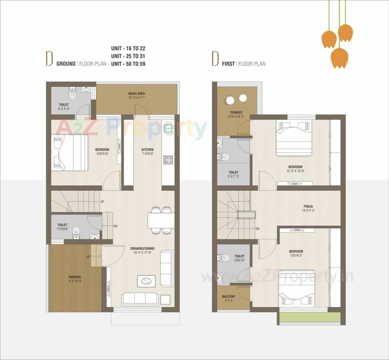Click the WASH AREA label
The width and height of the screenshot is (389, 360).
point(136,94)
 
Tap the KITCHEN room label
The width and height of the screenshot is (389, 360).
point(147,150)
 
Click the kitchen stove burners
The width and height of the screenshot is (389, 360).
point(168,160)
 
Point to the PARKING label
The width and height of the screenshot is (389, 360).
point(75,277)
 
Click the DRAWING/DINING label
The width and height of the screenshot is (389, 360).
point(142,249)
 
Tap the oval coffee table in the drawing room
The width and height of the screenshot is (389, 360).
point(146,281)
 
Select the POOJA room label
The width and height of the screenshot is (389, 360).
point(308,206)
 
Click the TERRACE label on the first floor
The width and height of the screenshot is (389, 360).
point(236,113)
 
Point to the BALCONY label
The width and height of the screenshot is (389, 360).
point(229,296)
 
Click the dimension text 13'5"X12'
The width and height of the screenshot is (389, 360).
point(296,256)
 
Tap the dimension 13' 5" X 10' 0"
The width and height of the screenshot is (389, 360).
point(295,171)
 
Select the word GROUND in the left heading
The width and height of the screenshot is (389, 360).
point(66,64)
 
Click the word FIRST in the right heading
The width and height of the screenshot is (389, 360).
point(228,64)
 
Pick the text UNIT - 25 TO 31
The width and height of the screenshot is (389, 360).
point(128,56)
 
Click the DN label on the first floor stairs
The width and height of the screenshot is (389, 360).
point(257,229)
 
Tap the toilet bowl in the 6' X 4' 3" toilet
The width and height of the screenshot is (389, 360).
point(72,95)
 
